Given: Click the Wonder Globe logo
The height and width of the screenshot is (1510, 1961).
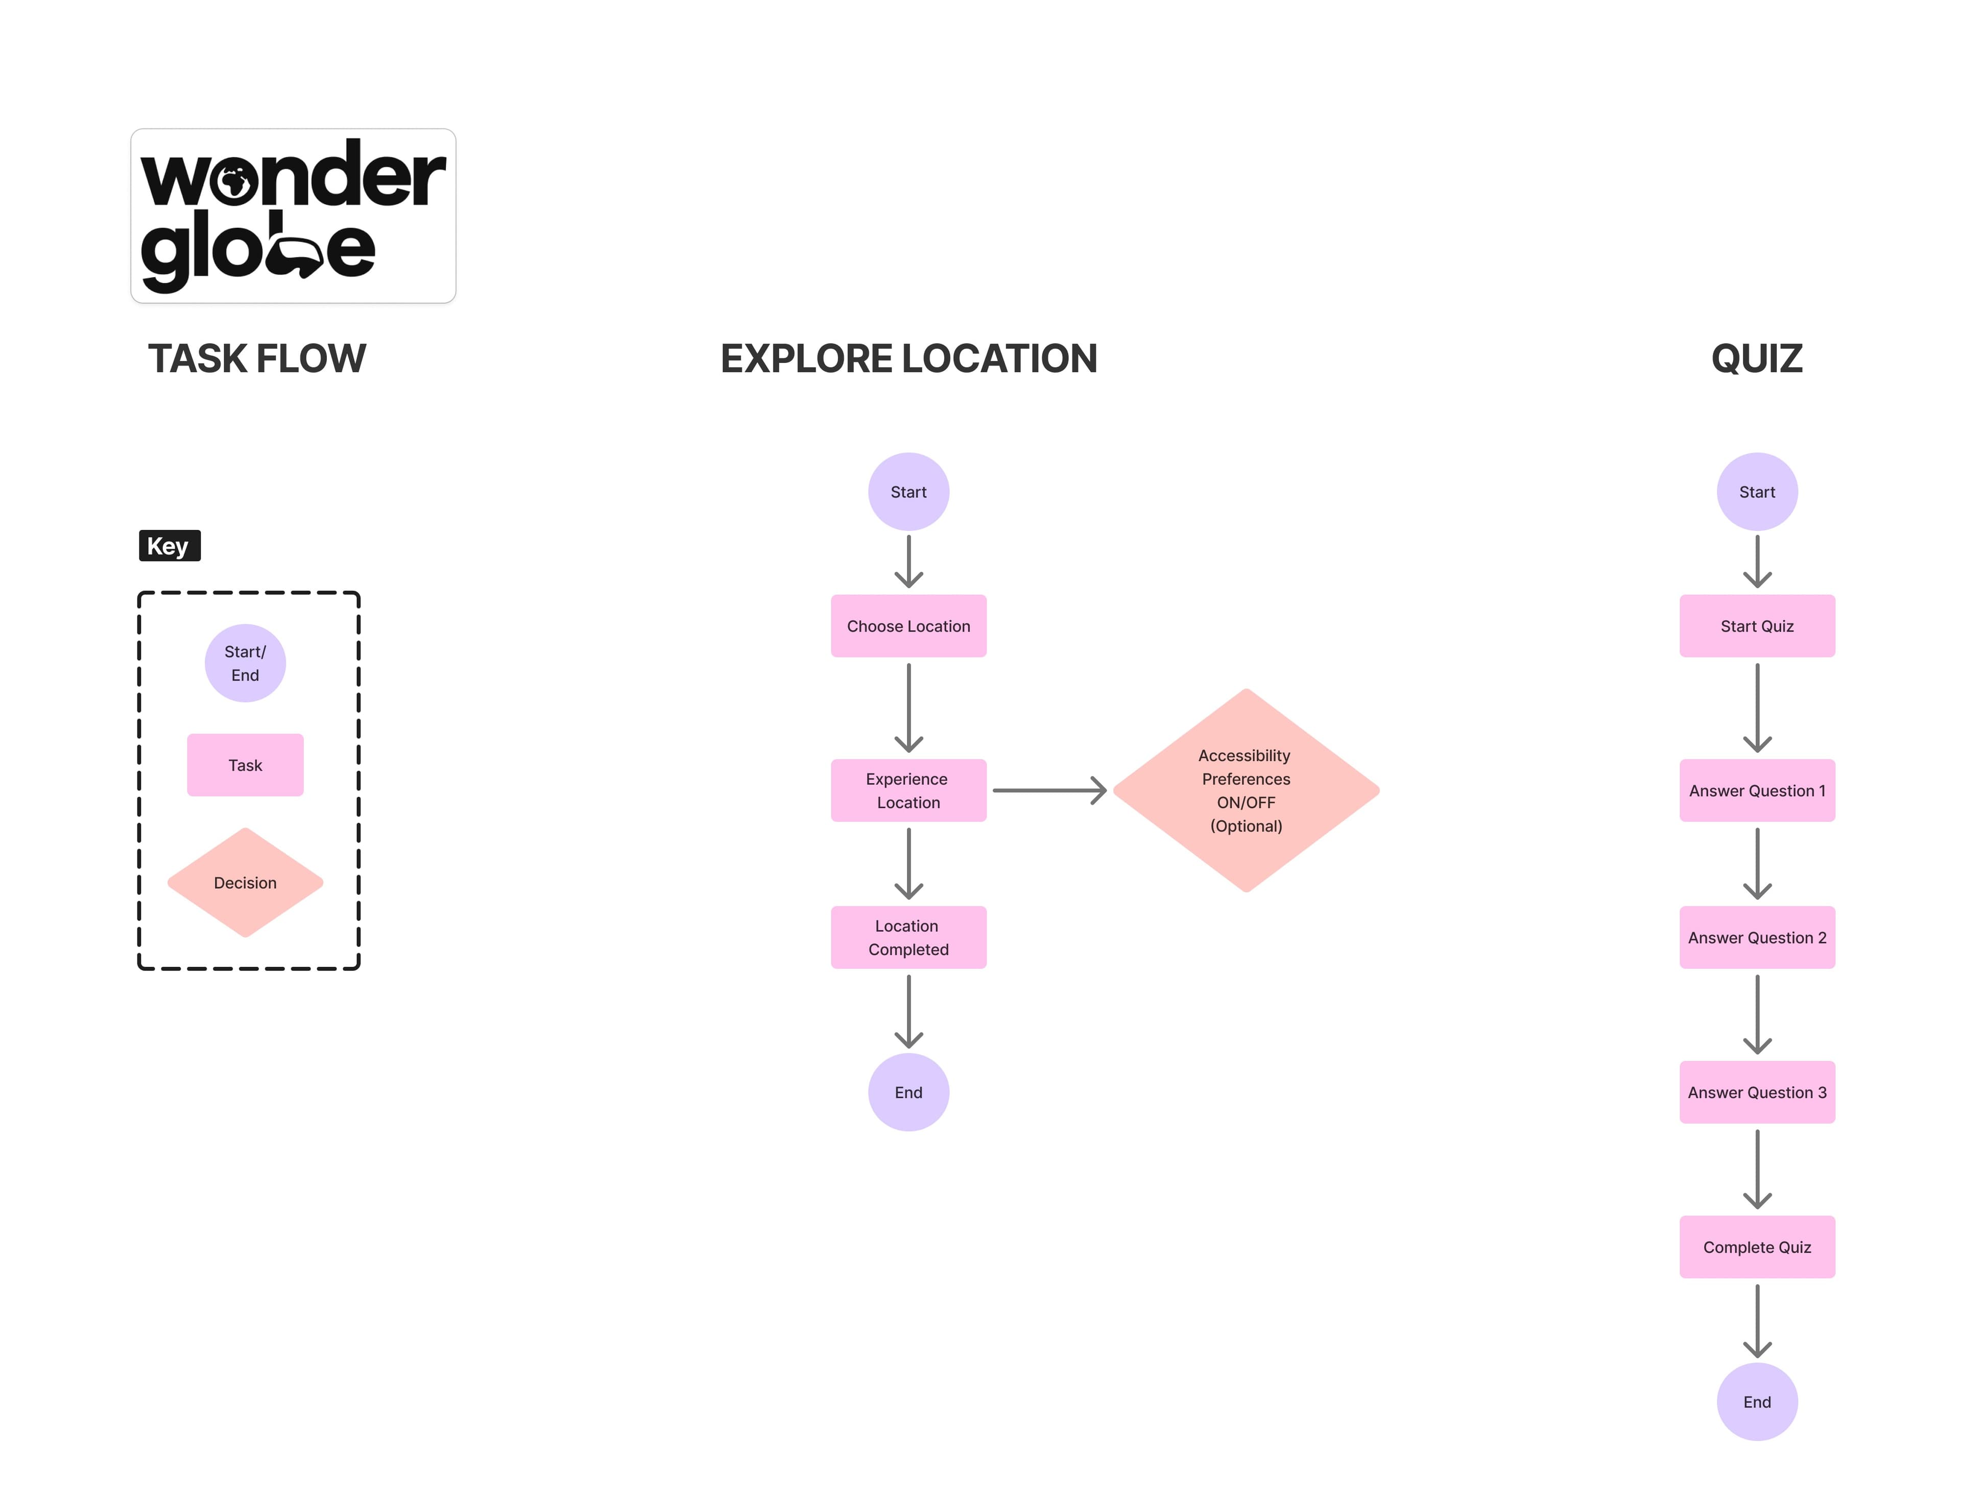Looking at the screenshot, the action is [293, 215].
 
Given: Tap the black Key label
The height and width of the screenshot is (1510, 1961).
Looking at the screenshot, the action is [169, 546].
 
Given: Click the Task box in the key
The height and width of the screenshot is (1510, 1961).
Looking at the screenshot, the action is [245, 765].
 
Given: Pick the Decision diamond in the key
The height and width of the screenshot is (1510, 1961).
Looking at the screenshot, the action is [245, 883].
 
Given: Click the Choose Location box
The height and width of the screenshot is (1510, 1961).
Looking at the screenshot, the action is [908, 626].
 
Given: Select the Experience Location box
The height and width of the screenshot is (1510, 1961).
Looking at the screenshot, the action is [908, 790].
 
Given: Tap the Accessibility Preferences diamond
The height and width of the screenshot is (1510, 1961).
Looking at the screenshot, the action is [1246, 790].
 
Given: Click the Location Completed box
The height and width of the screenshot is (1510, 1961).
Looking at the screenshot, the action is [908, 937].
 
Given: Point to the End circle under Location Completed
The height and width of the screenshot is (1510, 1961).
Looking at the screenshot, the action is [908, 1091].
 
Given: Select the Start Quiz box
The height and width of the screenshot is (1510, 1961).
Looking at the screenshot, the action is [1756, 626].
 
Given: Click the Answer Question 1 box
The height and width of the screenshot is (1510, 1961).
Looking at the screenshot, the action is [1756, 790].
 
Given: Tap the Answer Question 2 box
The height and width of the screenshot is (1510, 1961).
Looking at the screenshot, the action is [1756, 937].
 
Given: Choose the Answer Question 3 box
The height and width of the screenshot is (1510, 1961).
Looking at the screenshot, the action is [1756, 1091].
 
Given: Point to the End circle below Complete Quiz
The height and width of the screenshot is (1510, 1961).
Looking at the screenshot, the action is [1756, 1401].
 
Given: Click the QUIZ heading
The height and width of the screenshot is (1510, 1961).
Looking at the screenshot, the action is [1756, 358].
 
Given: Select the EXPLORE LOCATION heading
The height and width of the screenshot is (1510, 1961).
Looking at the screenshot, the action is [908, 358].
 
